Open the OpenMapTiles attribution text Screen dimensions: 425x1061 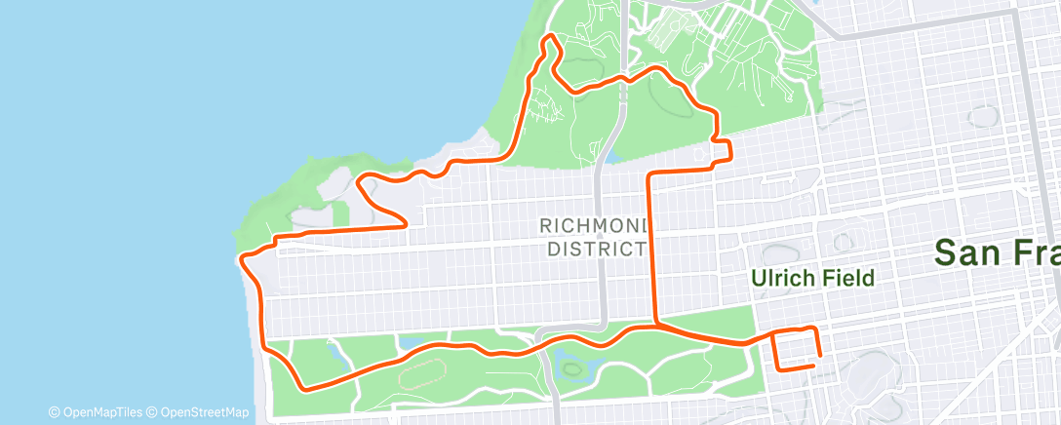[x=97, y=412]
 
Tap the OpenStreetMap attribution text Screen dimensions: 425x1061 [x=194, y=412]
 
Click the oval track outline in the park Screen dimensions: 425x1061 [x=420, y=370]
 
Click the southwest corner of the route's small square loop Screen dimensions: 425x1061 [x=777, y=368]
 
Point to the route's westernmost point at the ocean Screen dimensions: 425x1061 [x=241, y=258]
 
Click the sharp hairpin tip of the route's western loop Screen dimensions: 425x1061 [x=405, y=224]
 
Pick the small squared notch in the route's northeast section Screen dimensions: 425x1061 [x=724, y=148]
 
